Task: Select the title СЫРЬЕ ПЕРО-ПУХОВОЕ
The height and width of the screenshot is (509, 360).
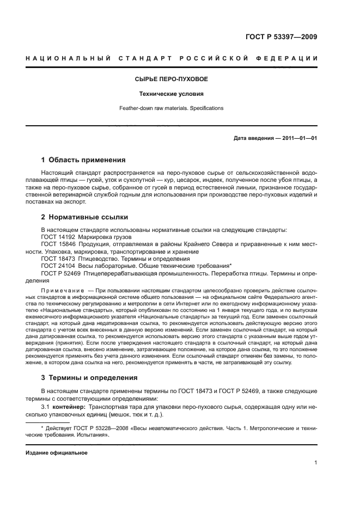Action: pyautogui.click(x=172, y=79)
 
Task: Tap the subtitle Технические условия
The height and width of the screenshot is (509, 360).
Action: pyautogui.click(x=172, y=94)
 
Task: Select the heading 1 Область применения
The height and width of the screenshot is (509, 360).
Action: pyautogui.click(x=83, y=160)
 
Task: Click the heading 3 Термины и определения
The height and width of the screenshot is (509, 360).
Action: pyautogui.click(x=90, y=377)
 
